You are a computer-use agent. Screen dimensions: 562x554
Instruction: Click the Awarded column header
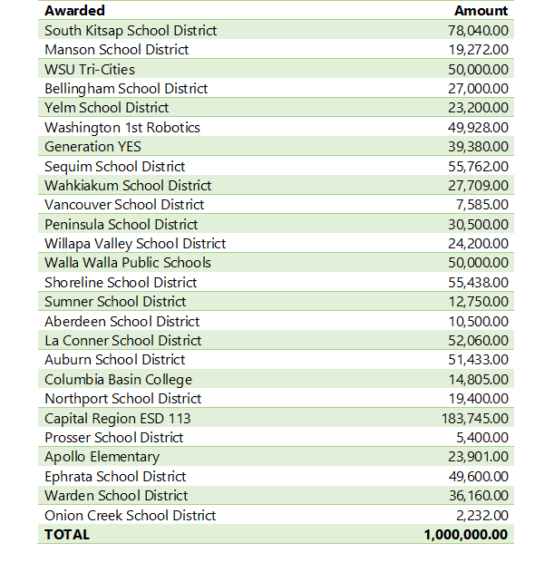(74, 11)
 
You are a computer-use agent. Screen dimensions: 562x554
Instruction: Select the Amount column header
(481, 11)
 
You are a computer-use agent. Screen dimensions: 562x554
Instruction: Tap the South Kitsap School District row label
(131, 31)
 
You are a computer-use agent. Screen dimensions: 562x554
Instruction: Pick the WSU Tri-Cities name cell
(90, 70)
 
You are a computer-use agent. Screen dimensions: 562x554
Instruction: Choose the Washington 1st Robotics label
(122, 128)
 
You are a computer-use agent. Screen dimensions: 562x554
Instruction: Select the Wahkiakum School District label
(128, 186)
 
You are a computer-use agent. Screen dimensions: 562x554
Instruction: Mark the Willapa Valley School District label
(135, 244)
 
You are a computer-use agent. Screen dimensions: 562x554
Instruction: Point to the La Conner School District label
(122, 341)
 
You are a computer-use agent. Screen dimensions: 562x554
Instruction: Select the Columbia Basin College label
(118, 380)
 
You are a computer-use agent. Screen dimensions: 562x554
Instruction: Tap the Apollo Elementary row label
(102, 457)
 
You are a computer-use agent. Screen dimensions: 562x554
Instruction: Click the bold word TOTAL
(67, 535)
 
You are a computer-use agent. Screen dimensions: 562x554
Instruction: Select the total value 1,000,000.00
(465, 535)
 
